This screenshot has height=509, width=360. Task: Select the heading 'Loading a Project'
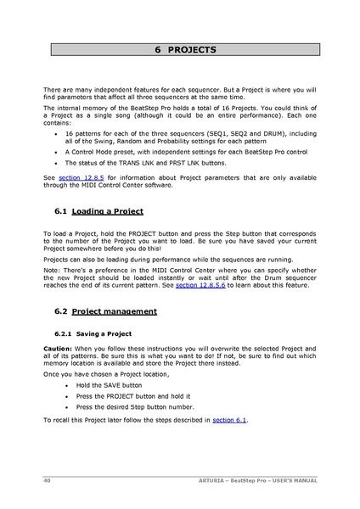[x=108, y=210]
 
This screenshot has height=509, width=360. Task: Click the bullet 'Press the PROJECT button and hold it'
[x=132, y=395]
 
